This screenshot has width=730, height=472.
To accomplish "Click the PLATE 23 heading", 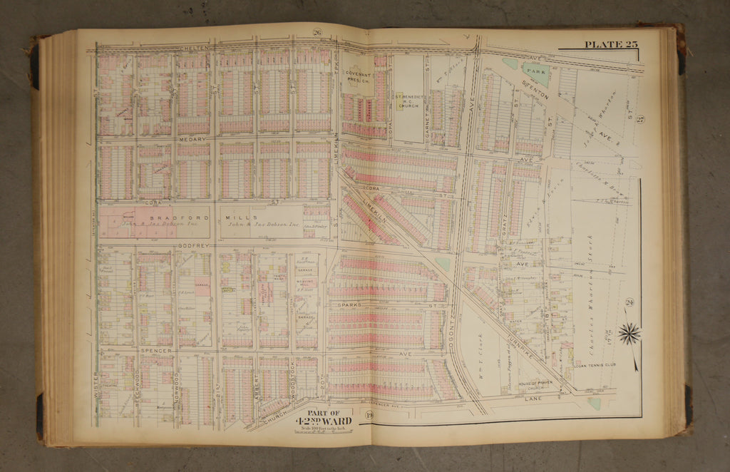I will [611, 45].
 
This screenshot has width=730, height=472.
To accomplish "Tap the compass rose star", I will [629, 333].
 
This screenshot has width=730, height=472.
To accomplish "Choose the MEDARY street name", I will [192, 139].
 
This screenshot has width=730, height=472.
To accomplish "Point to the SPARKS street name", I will [353, 304].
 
